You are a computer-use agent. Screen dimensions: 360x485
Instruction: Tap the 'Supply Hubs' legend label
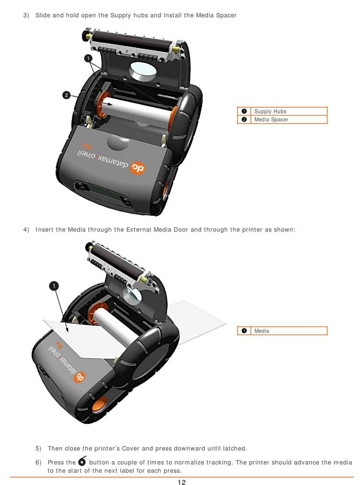[270, 111]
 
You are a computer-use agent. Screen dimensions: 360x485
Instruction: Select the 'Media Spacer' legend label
[271, 119]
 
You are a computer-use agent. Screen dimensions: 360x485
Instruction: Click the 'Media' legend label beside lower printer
[261, 331]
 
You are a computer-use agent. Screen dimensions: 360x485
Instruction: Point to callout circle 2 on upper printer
[66, 95]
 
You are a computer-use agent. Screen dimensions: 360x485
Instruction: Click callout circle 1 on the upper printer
[88, 58]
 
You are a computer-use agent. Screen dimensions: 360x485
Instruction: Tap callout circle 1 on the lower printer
[54, 286]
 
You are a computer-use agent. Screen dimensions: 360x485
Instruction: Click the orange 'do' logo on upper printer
[138, 168]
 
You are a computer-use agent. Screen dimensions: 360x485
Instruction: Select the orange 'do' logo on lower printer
[79, 377]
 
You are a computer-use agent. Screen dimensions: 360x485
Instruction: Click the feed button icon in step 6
[82, 461]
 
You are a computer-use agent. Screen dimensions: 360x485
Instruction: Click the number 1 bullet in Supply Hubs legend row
[244, 111]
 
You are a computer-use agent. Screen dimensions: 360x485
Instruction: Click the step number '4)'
[26, 229]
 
